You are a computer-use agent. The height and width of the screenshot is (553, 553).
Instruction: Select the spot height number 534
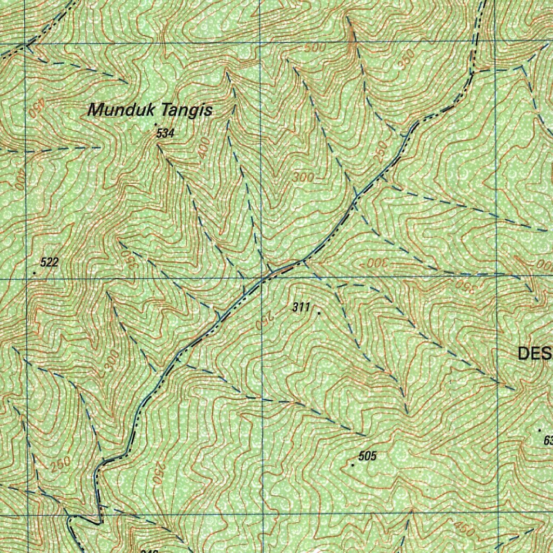point(165,133)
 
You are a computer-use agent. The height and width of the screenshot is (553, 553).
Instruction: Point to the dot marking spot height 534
point(156,125)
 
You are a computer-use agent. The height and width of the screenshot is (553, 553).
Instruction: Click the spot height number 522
point(49,263)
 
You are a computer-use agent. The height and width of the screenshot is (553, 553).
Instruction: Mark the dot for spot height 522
point(35,273)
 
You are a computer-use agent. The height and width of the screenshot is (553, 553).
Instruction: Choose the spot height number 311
point(301,308)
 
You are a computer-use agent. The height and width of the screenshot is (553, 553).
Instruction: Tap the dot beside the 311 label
point(319,313)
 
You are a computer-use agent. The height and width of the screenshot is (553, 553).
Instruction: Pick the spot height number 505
point(367,456)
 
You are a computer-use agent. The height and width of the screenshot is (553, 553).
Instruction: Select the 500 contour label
point(315,48)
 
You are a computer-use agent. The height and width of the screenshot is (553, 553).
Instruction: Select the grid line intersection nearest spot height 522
point(26,279)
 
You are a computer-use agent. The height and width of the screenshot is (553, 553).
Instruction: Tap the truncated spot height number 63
point(548,441)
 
